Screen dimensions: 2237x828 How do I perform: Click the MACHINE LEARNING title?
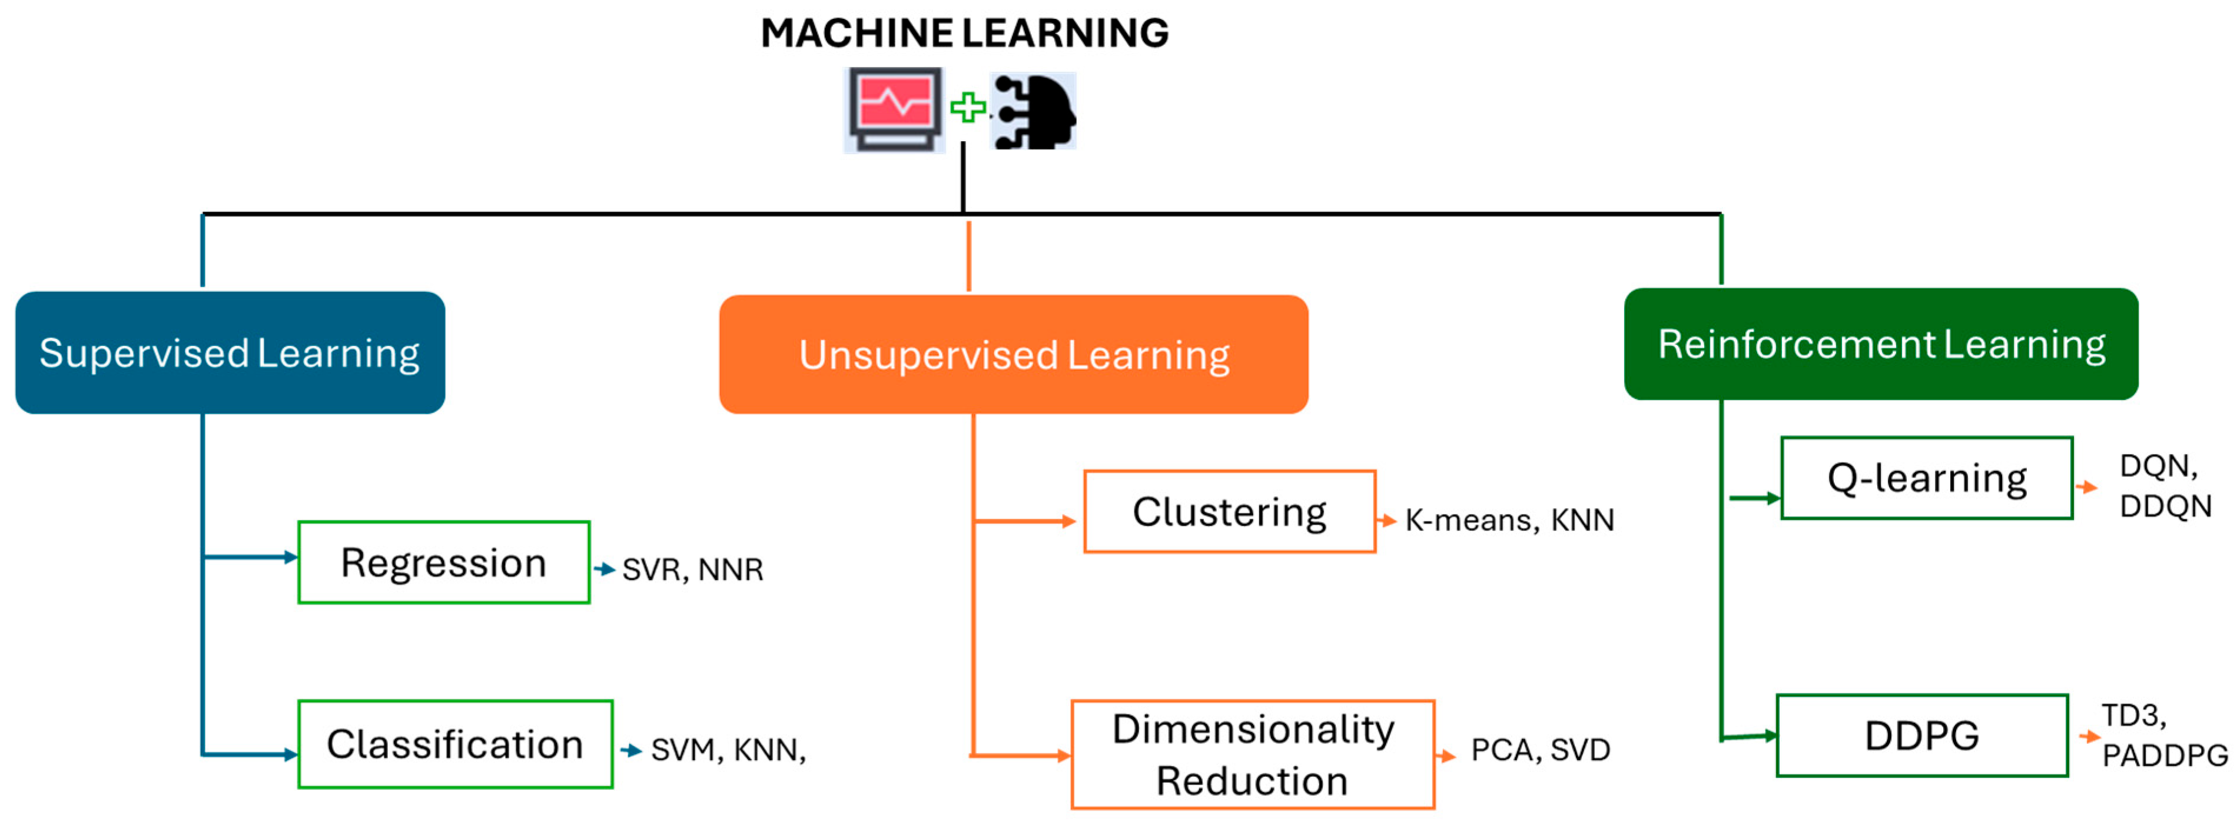click(964, 33)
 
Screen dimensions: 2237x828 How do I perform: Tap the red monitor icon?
click(894, 110)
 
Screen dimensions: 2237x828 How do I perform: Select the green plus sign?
click(967, 108)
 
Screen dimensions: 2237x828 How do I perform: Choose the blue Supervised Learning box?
click(230, 352)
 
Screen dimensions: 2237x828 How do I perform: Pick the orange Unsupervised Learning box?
click(1014, 354)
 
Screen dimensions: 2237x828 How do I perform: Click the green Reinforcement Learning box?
click(1881, 343)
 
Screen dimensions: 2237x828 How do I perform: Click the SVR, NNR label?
click(693, 569)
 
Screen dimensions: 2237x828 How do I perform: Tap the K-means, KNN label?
click(1509, 520)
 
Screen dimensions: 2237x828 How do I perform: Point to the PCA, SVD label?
click(1541, 749)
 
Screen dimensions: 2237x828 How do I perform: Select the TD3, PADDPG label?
click(2164, 735)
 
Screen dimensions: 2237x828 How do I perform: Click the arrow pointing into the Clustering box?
click(1025, 521)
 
